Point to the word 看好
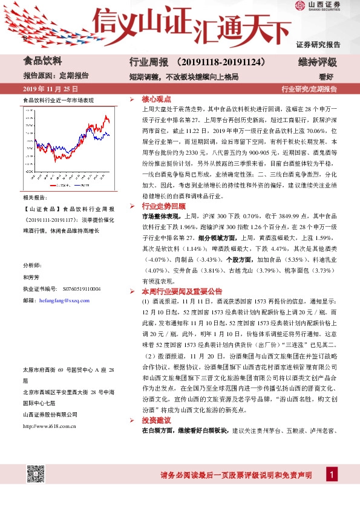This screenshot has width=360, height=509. (326, 77)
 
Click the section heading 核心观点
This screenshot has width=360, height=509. (154, 98)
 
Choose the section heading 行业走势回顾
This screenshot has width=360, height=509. (158, 206)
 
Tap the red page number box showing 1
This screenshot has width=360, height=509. (332, 475)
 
